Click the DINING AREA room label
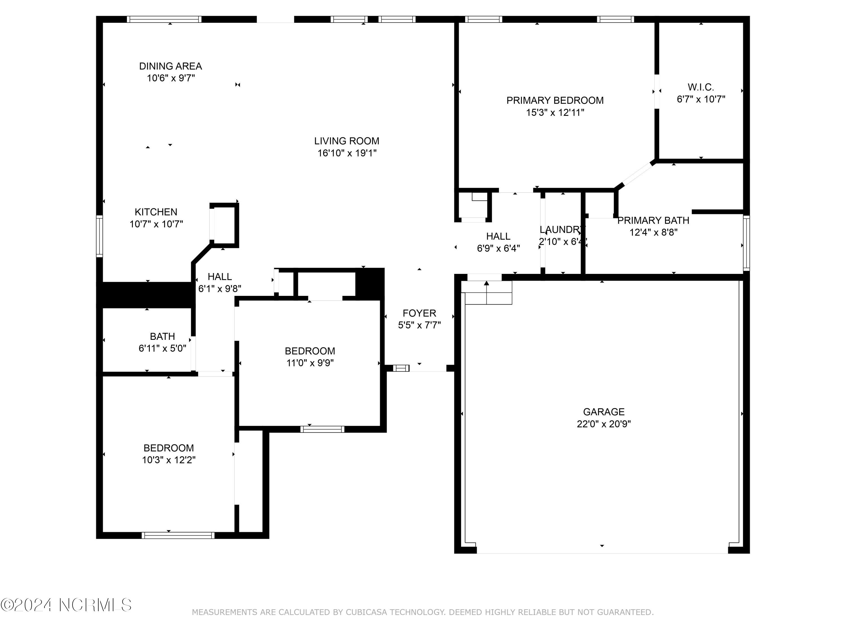pos(171,66)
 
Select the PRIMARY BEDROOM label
pos(555,101)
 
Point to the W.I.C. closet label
pos(701,87)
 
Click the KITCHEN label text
pos(156,212)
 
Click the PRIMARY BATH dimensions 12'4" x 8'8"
pos(654,232)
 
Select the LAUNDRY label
pos(563,230)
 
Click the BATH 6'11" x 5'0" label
pos(162,342)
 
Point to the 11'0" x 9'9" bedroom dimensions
pos(310,363)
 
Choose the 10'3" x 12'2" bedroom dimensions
pos(169,460)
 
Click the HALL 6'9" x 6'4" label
pos(498,242)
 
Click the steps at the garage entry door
pos(486,293)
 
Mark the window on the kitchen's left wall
pos(100,236)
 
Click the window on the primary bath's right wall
pos(746,243)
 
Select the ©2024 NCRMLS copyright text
pos(66,605)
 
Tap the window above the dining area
pos(164,19)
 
